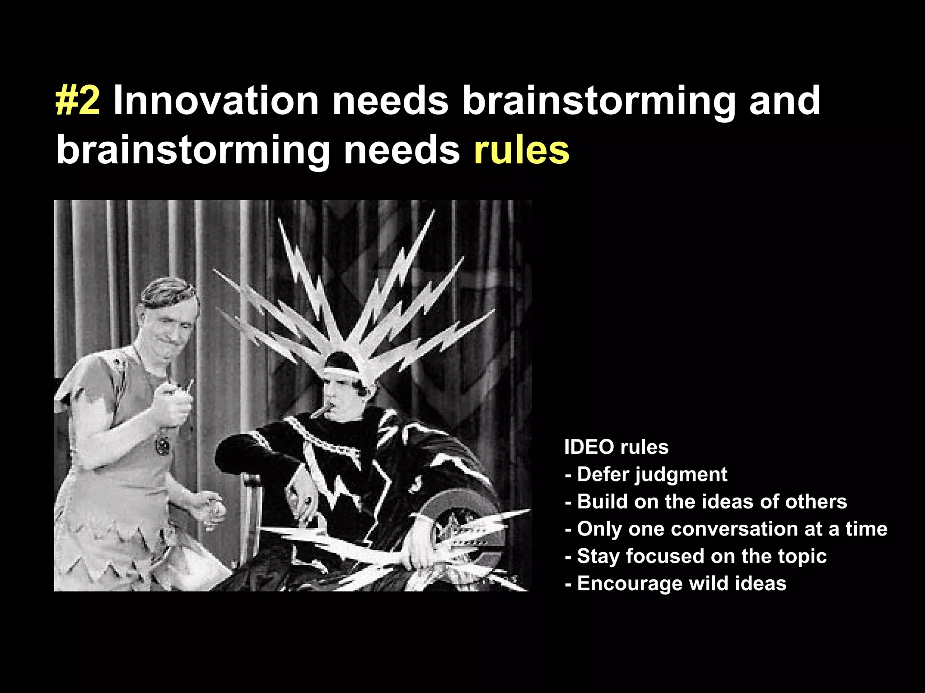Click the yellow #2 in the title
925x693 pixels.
pos(77,101)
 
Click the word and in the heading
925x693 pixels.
pos(785,101)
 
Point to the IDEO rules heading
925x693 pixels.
pos(616,447)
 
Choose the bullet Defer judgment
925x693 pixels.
pos(646,475)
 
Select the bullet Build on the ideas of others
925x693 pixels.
pos(705,502)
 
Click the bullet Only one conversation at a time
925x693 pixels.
pos(726,529)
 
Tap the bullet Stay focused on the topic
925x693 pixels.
pos(696,556)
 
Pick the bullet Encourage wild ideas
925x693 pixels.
pos(675,583)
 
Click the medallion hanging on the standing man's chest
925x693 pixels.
pos(162,446)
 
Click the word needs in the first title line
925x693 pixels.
pos(390,101)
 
